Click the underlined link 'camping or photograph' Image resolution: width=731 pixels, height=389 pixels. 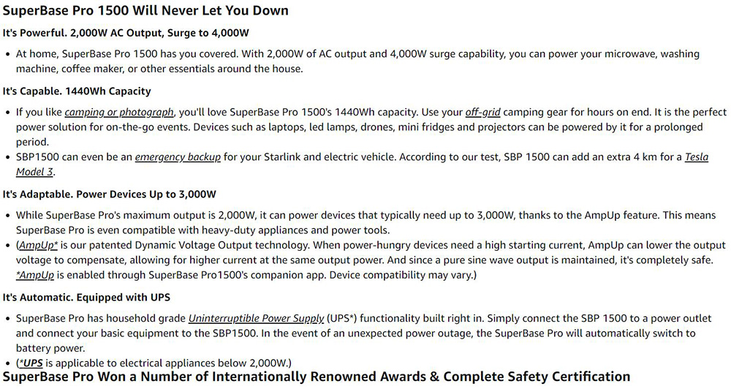[x=119, y=113]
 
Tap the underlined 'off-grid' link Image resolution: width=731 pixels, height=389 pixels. [x=482, y=113]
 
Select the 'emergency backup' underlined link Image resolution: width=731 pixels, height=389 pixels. [x=178, y=157]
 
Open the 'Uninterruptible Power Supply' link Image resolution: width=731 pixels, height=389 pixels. [x=256, y=319]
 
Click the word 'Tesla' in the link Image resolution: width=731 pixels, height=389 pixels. [x=696, y=157]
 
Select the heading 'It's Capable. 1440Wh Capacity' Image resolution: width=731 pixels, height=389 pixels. [x=77, y=91]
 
